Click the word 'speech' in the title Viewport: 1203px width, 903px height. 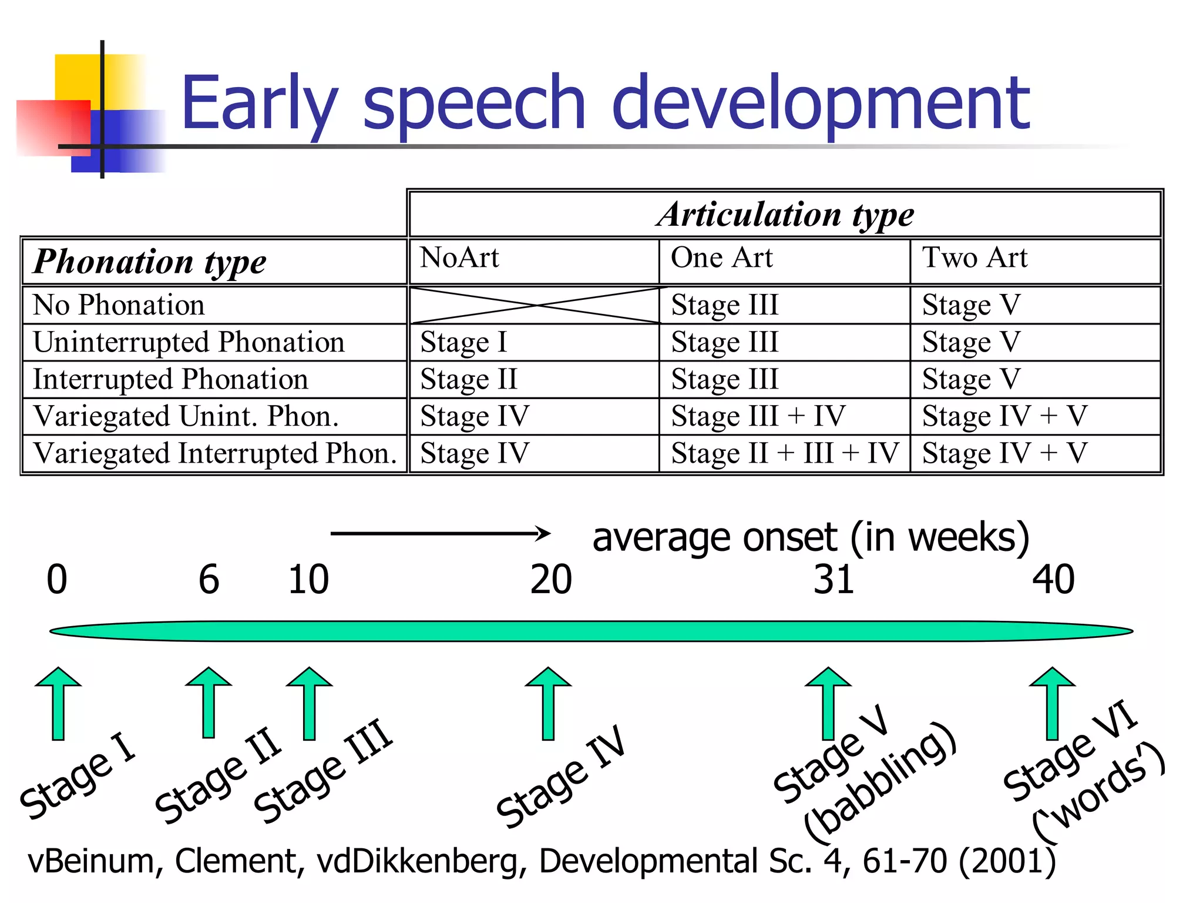coord(474,103)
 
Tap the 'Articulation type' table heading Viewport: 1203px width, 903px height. coord(785,214)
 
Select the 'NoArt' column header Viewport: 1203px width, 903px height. coord(459,257)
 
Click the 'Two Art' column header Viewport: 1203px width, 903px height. coord(975,257)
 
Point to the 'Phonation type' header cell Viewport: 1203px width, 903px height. coord(149,262)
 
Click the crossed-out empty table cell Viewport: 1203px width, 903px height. coord(535,305)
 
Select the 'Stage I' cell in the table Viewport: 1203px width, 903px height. coord(463,342)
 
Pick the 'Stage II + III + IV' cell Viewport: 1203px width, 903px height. coord(784,453)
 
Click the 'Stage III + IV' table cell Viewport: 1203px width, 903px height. coord(758,416)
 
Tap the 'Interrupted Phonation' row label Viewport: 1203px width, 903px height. coord(170,379)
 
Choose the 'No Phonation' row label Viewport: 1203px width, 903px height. coord(119,305)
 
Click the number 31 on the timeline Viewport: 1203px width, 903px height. coord(834,580)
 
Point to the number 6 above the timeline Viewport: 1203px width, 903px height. coord(209,580)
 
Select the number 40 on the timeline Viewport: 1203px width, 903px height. coord(1053,580)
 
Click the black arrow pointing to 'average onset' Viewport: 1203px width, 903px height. coord(441,533)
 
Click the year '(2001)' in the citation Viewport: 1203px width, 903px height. coord(1007,861)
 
